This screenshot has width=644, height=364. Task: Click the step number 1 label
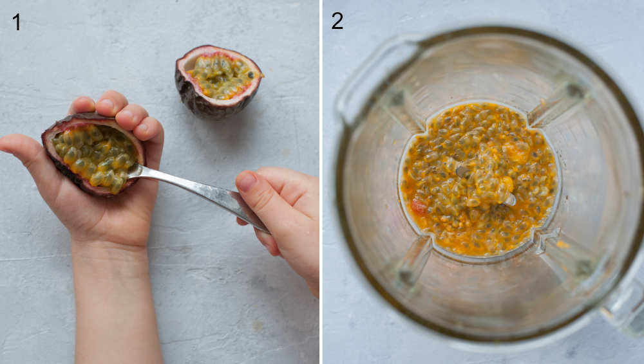16,22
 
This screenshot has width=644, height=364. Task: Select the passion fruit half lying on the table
218,80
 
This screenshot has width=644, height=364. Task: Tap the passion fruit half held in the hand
94,154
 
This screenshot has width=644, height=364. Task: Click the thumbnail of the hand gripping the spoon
246,181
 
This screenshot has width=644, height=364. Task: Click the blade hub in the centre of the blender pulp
462,171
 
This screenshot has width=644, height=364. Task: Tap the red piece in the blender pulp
419,206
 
